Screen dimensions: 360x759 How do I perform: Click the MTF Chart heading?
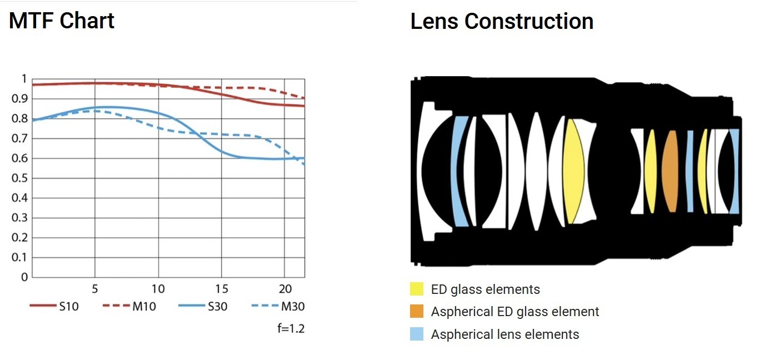pyautogui.click(x=62, y=21)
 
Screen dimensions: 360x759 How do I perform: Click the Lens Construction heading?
pyautogui.click(x=502, y=21)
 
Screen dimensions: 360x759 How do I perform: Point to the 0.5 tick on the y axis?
pyautogui.click(x=19, y=178)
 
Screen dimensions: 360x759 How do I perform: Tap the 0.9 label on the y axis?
pyautogui.click(x=19, y=99)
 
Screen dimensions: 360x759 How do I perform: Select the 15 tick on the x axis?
pyautogui.click(x=222, y=289)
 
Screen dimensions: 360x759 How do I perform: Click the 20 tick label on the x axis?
pyautogui.click(x=284, y=289)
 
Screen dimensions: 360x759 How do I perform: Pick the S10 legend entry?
pyautogui.click(x=54, y=306)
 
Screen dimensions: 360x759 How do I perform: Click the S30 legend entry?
pyautogui.click(x=203, y=306)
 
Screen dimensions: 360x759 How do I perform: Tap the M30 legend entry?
pyautogui.click(x=277, y=306)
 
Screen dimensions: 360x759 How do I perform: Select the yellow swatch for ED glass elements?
pyautogui.click(x=416, y=289)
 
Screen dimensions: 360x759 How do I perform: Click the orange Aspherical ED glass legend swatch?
pyautogui.click(x=416, y=312)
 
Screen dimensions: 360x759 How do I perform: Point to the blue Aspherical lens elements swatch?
pyautogui.click(x=416, y=334)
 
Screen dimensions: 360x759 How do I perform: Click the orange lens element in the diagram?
pyautogui.click(x=671, y=171)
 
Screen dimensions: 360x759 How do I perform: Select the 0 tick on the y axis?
pyautogui.click(x=24, y=277)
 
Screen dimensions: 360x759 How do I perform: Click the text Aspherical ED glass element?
pyautogui.click(x=515, y=312)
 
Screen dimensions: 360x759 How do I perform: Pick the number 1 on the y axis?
pyautogui.click(x=24, y=79)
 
